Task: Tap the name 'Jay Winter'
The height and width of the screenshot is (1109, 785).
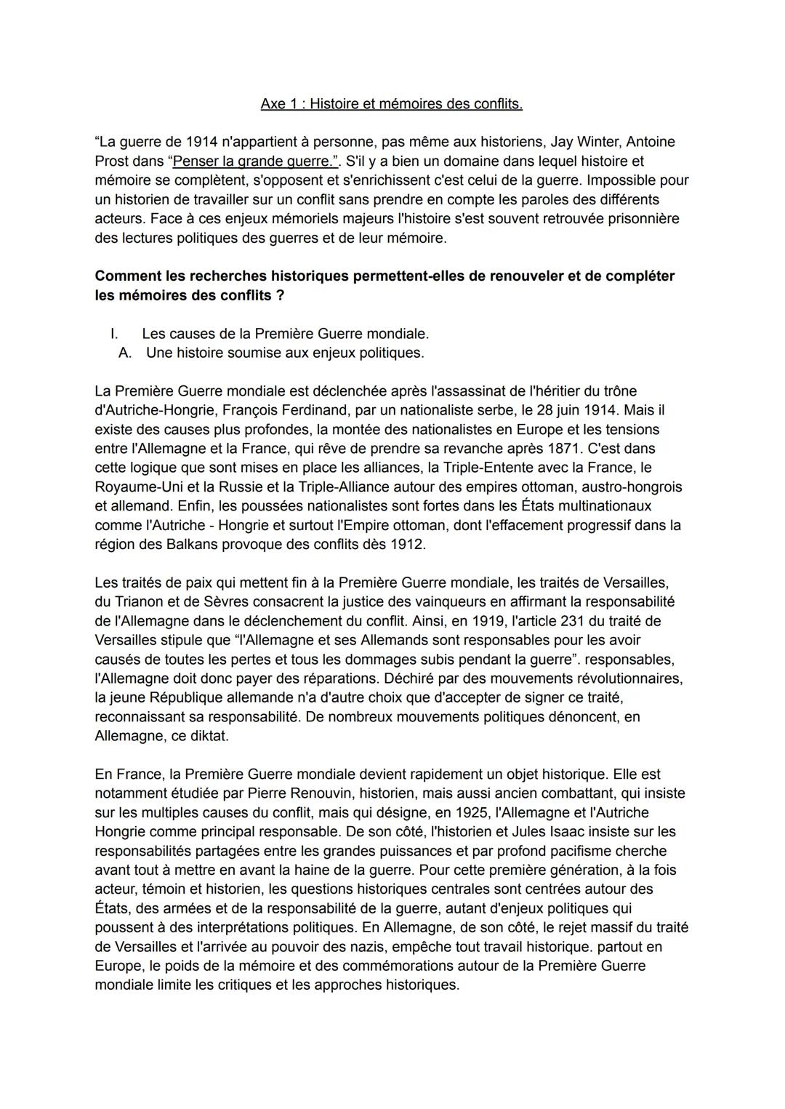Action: (x=582, y=142)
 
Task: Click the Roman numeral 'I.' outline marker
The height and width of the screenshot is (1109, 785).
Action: (x=114, y=334)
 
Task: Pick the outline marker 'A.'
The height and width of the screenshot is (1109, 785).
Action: (x=124, y=353)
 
